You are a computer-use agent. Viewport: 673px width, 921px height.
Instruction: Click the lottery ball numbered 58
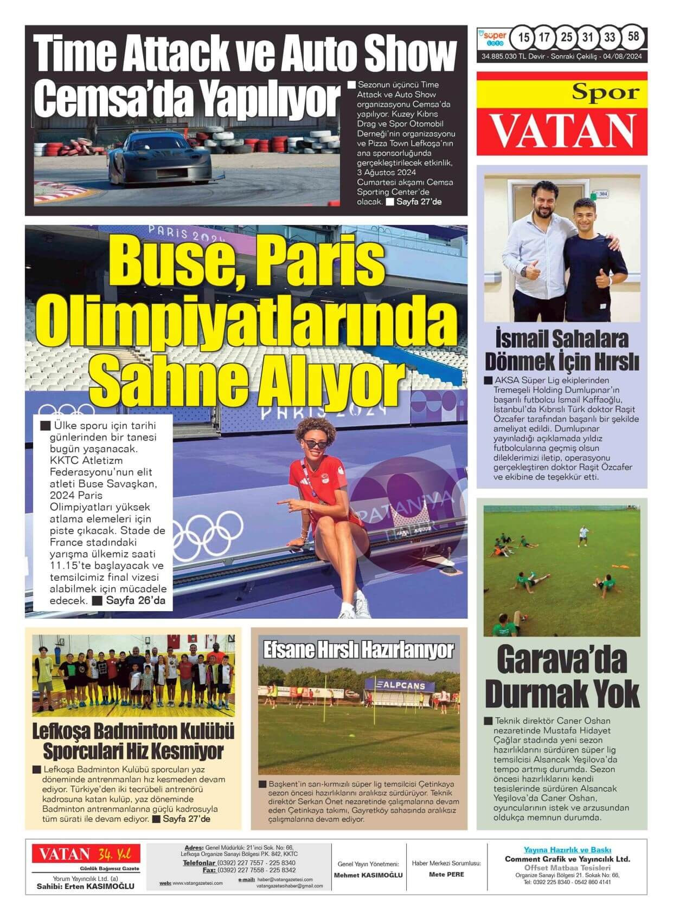tap(632, 37)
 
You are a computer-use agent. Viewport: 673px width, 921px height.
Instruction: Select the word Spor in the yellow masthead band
tap(606, 93)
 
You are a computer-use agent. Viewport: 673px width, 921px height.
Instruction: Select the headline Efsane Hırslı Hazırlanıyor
tap(358, 650)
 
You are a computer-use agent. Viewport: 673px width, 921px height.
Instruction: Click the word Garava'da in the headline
tap(561, 659)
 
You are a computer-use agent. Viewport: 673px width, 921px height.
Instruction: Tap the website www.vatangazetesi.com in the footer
tap(197, 883)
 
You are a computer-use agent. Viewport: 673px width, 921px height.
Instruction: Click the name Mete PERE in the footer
tap(446, 874)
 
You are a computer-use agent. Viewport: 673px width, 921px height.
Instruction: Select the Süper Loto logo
tap(492, 37)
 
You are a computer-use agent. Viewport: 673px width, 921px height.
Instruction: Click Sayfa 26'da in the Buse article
tap(136, 600)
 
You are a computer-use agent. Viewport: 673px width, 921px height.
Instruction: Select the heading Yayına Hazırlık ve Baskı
tap(567, 850)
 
